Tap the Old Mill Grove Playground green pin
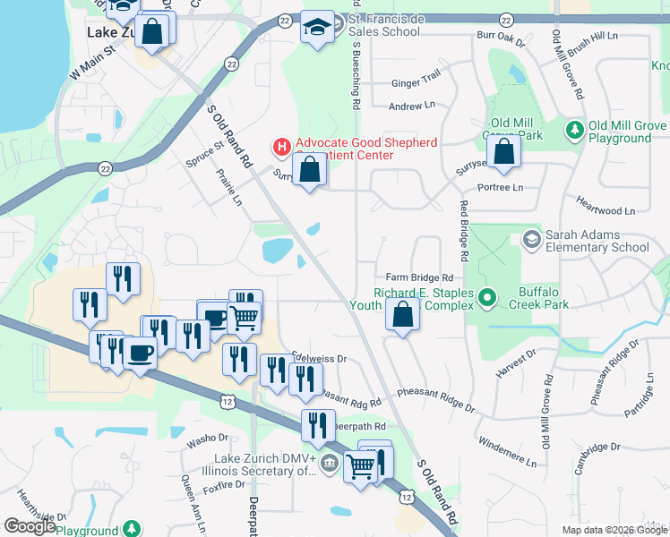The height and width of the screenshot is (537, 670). (574, 131)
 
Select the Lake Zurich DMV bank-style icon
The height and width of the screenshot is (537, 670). (329, 463)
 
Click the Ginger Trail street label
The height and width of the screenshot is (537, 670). (416, 81)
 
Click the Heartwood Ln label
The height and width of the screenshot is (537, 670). (605, 205)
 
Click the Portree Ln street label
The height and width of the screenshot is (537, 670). (501, 187)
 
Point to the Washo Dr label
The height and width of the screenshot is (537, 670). (208, 439)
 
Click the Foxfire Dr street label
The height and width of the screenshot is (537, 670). (224, 486)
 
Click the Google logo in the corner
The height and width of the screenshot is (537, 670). (30, 525)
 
